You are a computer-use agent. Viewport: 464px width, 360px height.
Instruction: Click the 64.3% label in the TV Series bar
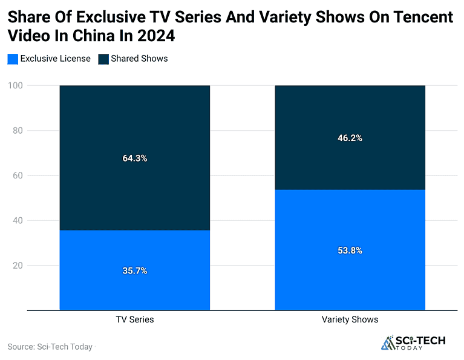pos(135,159)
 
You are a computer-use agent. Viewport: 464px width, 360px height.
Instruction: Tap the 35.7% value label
pos(135,270)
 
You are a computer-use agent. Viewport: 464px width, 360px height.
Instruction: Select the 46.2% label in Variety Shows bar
pos(350,138)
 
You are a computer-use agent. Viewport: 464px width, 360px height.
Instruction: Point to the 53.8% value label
pos(350,250)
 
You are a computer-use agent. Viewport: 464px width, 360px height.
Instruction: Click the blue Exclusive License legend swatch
pos(13,59)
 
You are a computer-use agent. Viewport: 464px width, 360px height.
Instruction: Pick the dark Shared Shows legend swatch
pos(103,59)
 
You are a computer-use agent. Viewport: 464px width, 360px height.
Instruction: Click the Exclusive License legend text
pos(55,59)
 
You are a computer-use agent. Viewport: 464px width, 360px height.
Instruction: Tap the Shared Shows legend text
pos(139,59)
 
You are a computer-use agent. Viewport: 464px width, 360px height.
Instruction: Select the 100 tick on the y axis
pos(15,86)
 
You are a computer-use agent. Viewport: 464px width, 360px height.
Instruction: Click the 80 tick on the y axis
pos(17,131)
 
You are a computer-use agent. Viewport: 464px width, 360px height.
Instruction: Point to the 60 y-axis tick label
pos(17,175)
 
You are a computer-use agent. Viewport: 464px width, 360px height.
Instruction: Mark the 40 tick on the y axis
pos(17,220)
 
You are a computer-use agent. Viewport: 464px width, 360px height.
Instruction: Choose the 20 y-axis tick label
pos(17,266)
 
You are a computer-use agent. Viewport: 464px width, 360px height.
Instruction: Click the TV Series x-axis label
pos(135,319)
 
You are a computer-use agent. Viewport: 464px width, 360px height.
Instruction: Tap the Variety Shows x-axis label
pos(350,319)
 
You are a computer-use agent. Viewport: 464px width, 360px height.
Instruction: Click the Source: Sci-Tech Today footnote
pos(50,347)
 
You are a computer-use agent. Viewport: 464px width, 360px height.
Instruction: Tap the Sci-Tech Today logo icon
pos(387,343)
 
